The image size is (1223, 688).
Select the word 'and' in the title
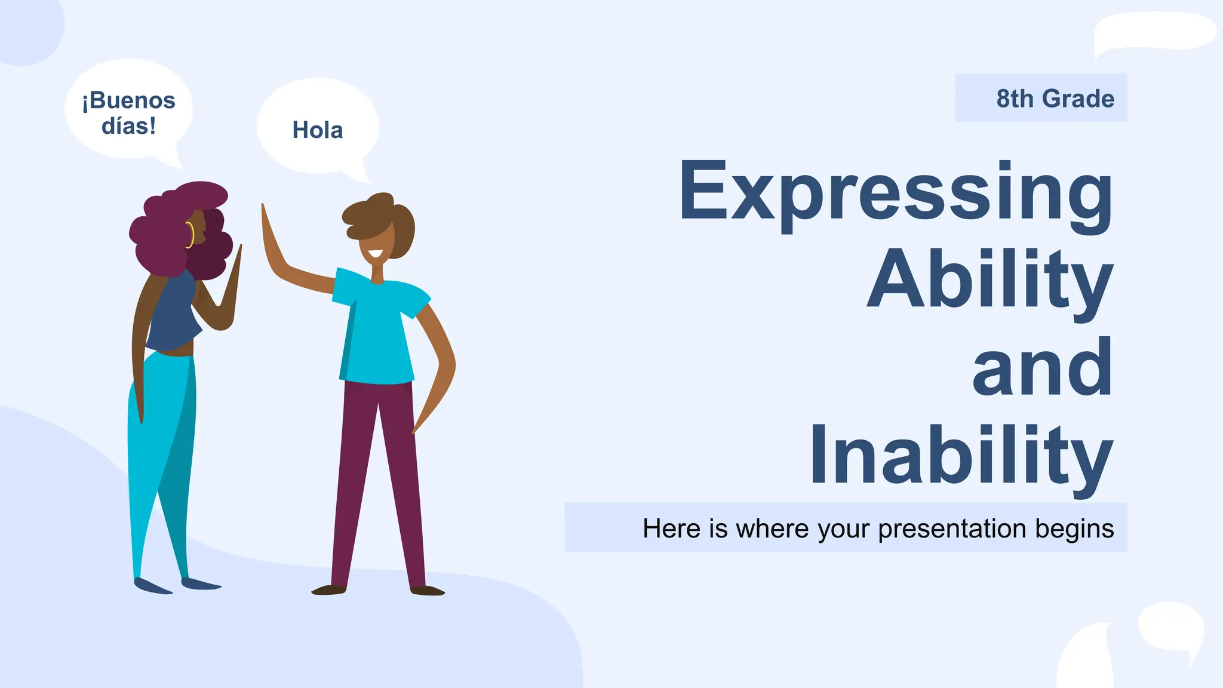(x=1042, y=367)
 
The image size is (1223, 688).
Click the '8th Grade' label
(x=1055, y=99)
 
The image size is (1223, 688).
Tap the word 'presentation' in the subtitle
(x=953, y=529)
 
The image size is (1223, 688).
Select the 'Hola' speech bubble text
(x=317, y=130)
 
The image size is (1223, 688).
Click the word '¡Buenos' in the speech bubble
(x=129, y=100)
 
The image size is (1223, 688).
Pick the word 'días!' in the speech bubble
(x=128, y=126)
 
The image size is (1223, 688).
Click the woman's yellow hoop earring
(x=190, y=234)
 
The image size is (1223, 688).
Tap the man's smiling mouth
(x=375, y=253)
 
